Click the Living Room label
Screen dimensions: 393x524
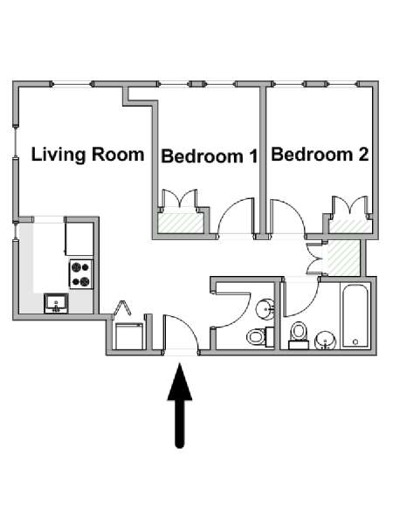87,155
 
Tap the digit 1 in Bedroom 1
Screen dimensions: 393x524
252,156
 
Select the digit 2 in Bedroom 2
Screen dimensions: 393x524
363,155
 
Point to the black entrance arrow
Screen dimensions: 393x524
180,405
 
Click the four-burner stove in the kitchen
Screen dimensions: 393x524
81,274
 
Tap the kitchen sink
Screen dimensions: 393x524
57,303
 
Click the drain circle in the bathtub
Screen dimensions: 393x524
355,341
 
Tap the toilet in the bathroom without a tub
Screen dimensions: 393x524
260,337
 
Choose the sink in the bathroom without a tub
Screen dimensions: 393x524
265,309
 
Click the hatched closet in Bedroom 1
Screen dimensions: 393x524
181,223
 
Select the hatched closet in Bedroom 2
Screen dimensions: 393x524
350,226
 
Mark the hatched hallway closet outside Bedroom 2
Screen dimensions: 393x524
344,258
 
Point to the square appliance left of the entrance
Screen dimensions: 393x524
129,336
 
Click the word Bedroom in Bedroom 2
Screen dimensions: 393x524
312,155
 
